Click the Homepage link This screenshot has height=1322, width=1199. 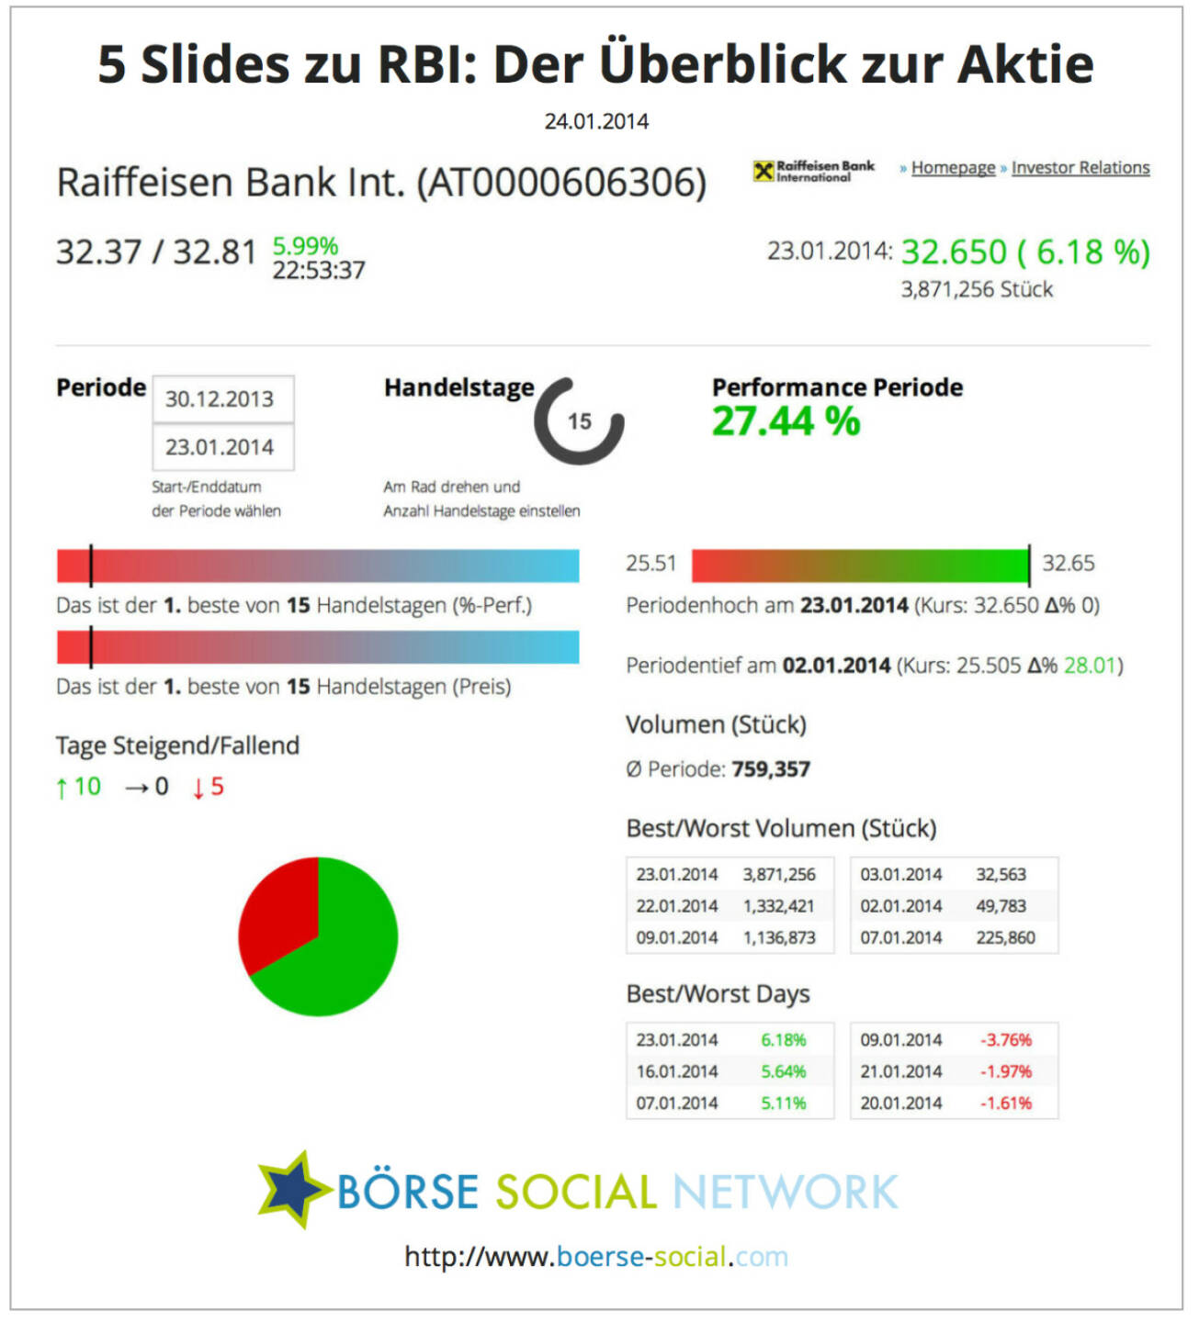pyautogui.click(x=953, y=168)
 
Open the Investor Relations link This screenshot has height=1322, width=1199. pyautogui.click(x=1080, y=168)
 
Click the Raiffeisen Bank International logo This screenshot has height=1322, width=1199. pyautogui.click(x=813, y=171)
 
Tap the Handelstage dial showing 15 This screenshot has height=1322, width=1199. pyautogui.click(x=579, y=421)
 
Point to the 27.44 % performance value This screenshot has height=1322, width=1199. pyautogui.click(x=786, y=421)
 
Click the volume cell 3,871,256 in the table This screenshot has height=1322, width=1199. pyautogui.click(x=778, y=875)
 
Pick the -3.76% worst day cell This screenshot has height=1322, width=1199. pyautogui.click(x=1005, y=1040)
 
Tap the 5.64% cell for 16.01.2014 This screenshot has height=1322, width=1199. pyautogui.click(x=783, y=1071)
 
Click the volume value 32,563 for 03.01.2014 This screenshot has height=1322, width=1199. pyautogui.click(x=1001, y=875)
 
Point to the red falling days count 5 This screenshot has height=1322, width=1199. pyautogui.click(x=216, y=787)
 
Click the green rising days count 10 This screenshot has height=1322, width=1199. pyautogui.click(x=87, y=787)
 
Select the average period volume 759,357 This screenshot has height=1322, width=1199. pyautogui.click(x=770, y=769)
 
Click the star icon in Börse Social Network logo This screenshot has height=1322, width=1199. pyautogui.click(x=292, y=1190)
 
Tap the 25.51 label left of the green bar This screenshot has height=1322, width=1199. pyautogui.click(x=650, y=564)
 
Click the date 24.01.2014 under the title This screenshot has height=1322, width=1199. pyautogui.click(x=596, y=121)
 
